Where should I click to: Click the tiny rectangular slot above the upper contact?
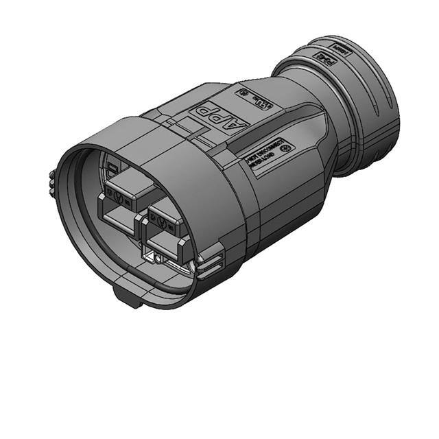point(112,168)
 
